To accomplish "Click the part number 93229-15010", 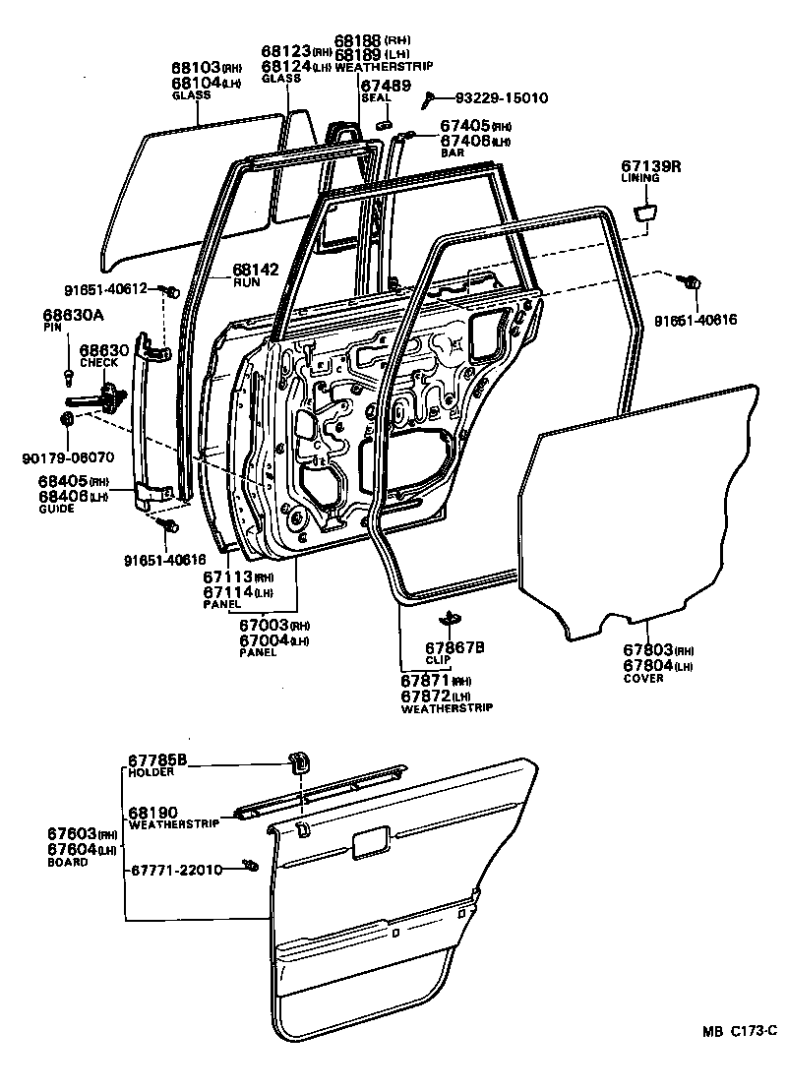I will (x=502, y=98).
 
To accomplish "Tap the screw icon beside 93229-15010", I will (x=430, y=98).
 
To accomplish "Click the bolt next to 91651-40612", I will (x=171, y=290).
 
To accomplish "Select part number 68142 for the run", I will (x=253, y=268).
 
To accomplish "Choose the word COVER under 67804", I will (x=643, y=678).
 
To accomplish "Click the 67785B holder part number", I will (x=157, y=759).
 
